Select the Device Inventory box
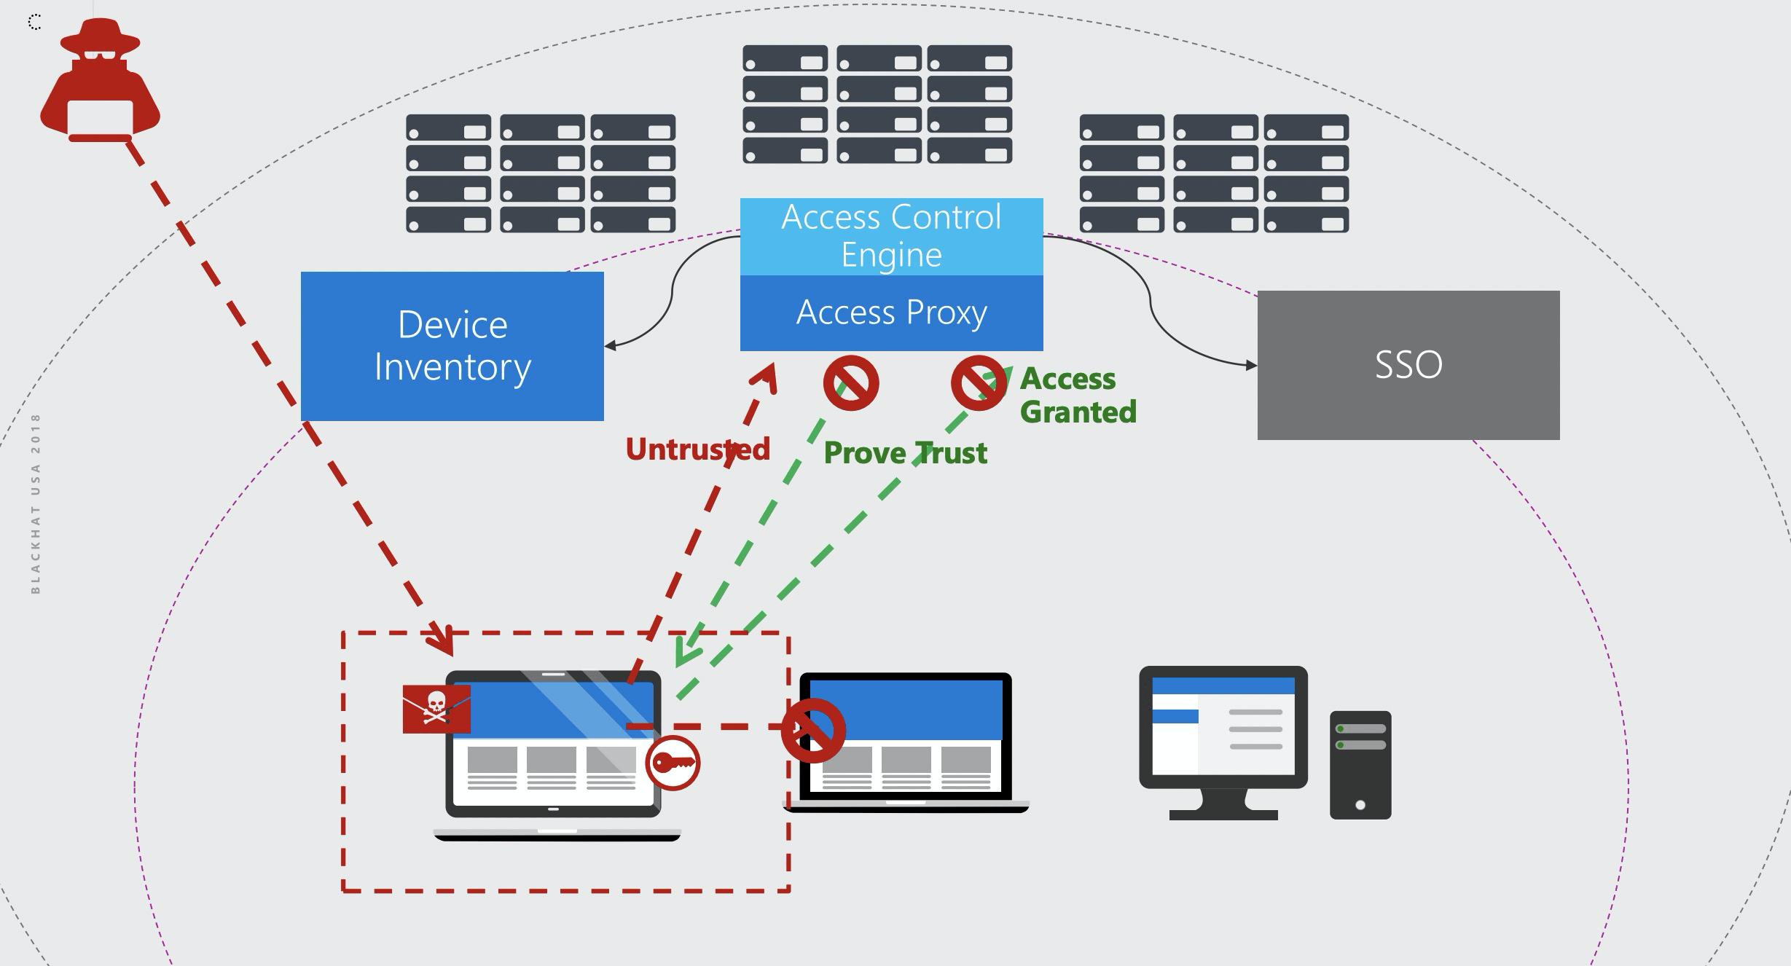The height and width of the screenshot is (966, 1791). [x=452, y=346]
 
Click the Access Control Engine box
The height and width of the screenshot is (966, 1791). [x=891, y=236]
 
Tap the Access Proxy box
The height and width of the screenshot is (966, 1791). [x=891, y=313]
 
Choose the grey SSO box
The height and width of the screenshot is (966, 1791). [x=1408, y=365]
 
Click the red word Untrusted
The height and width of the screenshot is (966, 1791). [x=697, y=449]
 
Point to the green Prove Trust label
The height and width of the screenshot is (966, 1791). [x=905, y=453]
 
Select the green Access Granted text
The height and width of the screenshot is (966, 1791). [x=1077, y=395]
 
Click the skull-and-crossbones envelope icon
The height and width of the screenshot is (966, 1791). [x=436, y=708]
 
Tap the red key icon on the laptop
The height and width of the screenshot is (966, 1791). [x=673, y=763]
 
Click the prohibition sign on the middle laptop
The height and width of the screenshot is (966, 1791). [x=813, y=730]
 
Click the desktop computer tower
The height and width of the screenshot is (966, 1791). [x=1360, y=765]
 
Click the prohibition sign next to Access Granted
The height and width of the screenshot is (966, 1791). [x=979, y=383]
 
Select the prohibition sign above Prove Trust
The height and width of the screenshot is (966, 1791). [x=851, y=383]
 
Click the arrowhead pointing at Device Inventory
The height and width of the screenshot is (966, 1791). [x=611, y=345]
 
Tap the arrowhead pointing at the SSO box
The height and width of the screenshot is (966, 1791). [x=1251, y=365]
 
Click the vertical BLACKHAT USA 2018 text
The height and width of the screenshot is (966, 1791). [x=36, y=503]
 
